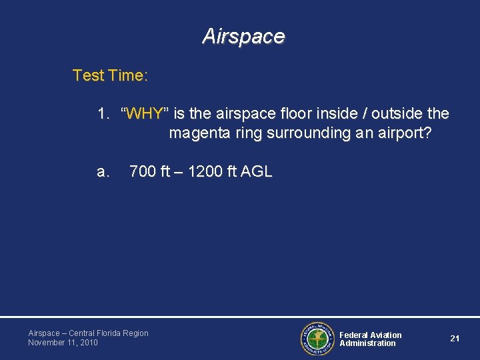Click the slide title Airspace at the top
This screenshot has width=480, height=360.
243,36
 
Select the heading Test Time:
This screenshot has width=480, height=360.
110,75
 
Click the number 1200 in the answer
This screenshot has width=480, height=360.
204,171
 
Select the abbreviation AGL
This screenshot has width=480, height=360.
256,171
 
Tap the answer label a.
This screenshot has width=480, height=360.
103,171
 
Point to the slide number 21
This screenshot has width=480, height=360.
455,339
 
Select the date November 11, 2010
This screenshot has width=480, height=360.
63,343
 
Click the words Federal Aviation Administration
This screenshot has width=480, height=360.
371,339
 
